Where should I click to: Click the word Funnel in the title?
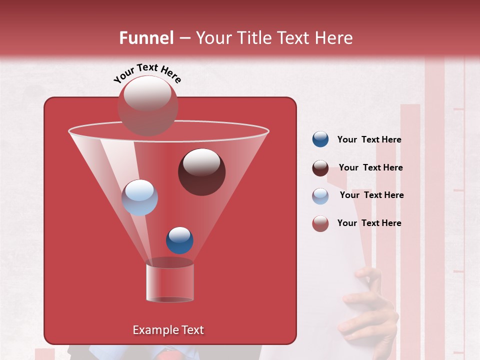point(146,38)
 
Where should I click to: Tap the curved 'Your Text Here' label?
point(147,73)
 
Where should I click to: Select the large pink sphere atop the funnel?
point(147,105)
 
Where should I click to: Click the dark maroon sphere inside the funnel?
point(201,172)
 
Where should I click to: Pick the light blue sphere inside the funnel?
point(139,197)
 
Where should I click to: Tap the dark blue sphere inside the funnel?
point(179,240)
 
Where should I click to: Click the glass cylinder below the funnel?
point(169,282)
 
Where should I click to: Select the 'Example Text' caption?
point(168,330)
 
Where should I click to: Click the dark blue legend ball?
point(320,139)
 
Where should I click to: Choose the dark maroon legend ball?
point(320,167)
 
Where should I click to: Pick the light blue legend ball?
point(320,195)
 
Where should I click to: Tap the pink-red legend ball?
point(320,223)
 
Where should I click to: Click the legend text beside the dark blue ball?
point(369,140)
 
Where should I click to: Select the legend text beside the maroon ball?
point(370,168)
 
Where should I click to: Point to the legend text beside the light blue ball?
point(371,195)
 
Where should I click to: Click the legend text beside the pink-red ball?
point(369,223)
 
